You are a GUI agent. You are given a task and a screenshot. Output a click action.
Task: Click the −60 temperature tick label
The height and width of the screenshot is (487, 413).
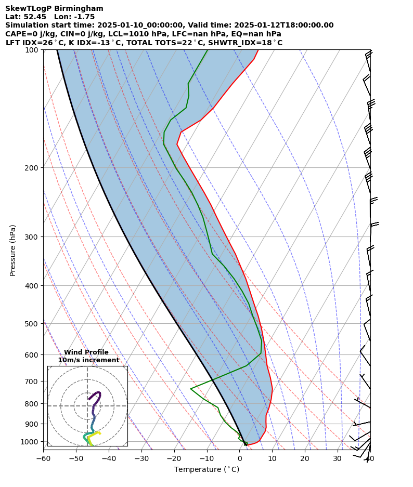pyautogui.click(x=43, y=458)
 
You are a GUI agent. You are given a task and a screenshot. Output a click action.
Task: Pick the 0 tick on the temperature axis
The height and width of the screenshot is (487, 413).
pyautogui.click(x=239, y=458)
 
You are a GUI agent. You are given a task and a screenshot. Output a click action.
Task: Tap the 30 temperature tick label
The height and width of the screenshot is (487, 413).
pyautogui.click(x=338, y=458)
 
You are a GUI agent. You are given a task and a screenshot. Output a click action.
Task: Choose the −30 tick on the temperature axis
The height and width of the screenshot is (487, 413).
pyautogui.click(x=141, y=458)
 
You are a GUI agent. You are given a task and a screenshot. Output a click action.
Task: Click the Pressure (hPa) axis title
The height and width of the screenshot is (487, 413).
pyautogui.click(x=13, y=250)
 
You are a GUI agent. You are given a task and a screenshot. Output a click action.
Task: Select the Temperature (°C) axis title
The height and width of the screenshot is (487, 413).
pyautogui.click(x=206, y=470)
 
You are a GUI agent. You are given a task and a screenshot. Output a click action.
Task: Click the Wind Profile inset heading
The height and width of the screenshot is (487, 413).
pyautogui.click(x=86, y=352)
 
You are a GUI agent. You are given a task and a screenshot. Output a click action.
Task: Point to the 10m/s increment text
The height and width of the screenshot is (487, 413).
pyautogui.click(x=88, y=360)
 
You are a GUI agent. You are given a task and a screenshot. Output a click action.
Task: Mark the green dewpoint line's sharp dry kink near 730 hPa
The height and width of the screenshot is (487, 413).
pyautogui.click(x=191, y=389)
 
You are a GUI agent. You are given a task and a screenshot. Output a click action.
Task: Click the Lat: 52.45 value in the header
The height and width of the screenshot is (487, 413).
pyautogui.click(x=25, y=17)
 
